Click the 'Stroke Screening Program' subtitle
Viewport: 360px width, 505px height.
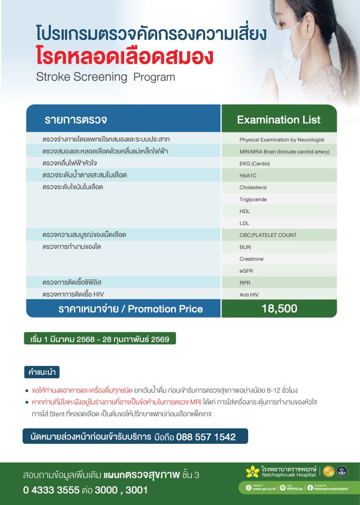click(x=105, y=77)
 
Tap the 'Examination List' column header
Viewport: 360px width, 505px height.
click(x=279, y=120)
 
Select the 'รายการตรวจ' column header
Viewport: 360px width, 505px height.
click(x=76, y=120)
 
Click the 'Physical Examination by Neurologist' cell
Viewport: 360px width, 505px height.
click(x=282, y=140)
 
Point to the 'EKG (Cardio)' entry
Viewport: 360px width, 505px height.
click(x=254, y=163)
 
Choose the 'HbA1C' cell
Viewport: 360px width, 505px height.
click(x=248, y=175)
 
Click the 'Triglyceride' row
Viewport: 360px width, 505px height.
click(x=253, y=199)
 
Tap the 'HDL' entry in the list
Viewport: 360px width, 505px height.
click(x=245, y=211)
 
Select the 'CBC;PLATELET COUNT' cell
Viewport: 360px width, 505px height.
click(x=268, y=235)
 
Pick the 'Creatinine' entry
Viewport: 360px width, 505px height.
click(x=252, y=259)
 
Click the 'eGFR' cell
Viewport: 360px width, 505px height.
click(x=247, y=271)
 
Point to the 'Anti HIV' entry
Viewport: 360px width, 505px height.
click(x=249, y=295)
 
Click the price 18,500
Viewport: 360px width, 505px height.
click(x=279, y=309)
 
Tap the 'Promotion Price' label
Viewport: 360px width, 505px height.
click(x=165, y=309)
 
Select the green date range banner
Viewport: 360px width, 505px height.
click(x=100, y=339)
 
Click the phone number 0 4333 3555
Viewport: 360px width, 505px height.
click(x=51, y=490)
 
